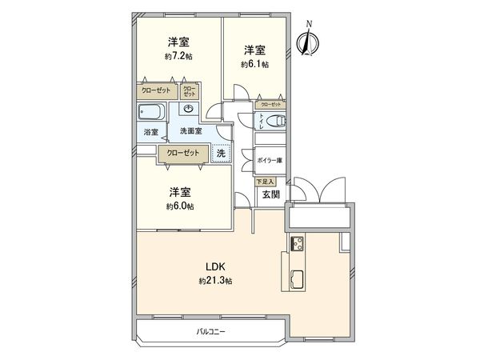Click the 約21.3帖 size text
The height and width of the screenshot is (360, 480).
pyautogui.click(x=216, y=282)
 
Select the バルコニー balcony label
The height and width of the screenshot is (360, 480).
pyautogui.click(x=212, y=330)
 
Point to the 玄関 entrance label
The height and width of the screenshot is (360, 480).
pyautogui.click(x=270, y=194)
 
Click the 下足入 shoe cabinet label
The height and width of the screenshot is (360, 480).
pyautogui.click(x=264, y=182)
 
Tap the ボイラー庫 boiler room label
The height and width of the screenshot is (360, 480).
pyautogui.click(x=270, y=160)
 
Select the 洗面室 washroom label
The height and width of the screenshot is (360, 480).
pyautogui.click(x=190, y=130)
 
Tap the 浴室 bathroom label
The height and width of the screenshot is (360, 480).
pyautogui.click(x=150, y=131)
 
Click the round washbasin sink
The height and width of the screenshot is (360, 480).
pyautogui.click(x=190, y=110)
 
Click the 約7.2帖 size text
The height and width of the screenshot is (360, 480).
pyautogui.click(x=178, y=57)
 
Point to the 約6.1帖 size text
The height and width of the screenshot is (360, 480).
pyautogui.click(x=256, y=64)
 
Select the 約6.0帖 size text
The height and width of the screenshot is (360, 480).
pyautogui.click(x=180, y=206)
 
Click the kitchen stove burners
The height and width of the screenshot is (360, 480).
pyautogui.click(x=295, y=244)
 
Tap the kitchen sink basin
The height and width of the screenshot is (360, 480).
pyautogui.click(x=295, y=279)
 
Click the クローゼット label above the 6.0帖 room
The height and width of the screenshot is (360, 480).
pyautogui.click(x=182, y=153)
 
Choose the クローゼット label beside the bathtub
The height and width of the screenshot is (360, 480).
pyautogui.click(x=155, y=91)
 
